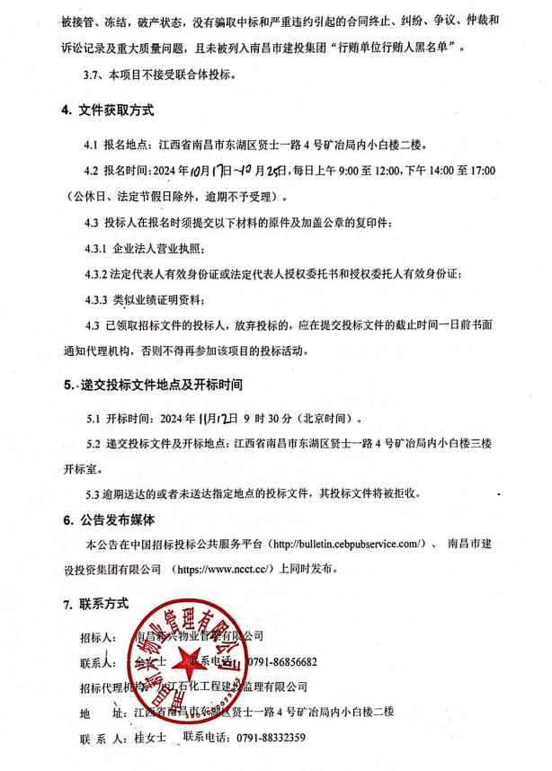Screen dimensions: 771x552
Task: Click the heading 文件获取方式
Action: click(x=115, y=111)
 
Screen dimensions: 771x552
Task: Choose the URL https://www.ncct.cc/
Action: click(x=221, y=569)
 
